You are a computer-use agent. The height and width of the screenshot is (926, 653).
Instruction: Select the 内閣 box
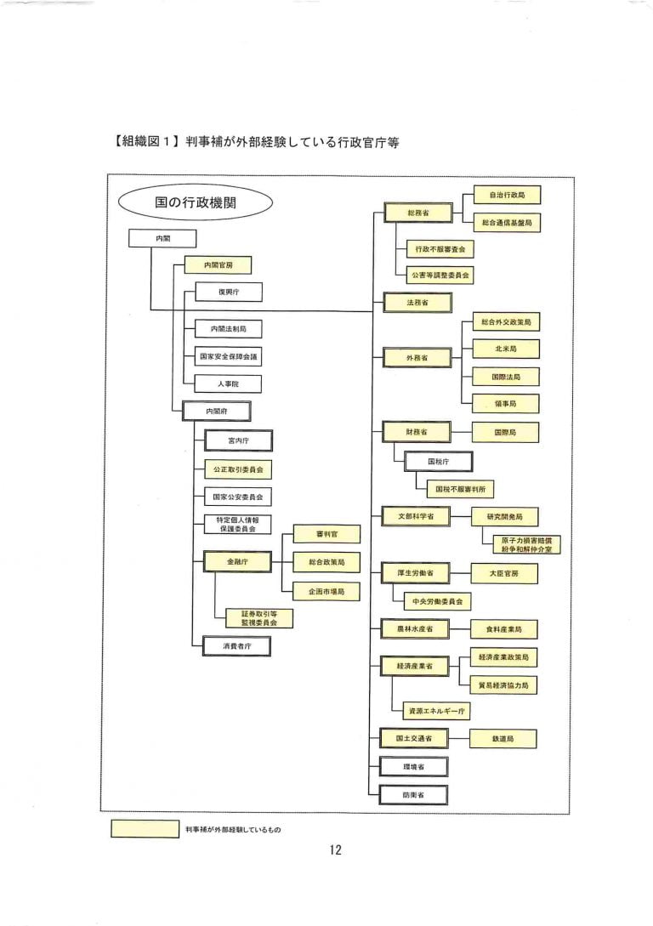162,239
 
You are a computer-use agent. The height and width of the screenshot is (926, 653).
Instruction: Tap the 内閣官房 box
219,265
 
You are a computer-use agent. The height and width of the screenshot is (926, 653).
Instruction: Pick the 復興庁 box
227,293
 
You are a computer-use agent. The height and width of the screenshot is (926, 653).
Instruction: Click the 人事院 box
227,383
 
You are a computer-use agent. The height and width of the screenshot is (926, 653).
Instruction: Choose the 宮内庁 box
237,440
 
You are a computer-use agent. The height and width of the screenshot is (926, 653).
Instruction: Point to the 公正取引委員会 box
237,469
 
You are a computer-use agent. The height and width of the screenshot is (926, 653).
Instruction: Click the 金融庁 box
237,562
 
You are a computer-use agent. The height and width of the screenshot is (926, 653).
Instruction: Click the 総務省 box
417,213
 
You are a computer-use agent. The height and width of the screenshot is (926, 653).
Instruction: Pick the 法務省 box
417,302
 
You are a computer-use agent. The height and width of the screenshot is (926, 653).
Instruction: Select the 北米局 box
505,349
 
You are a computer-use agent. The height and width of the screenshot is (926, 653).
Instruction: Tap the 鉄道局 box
504,739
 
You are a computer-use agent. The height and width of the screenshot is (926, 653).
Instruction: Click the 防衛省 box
414,794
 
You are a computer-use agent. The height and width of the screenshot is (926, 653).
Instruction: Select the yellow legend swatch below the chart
145,828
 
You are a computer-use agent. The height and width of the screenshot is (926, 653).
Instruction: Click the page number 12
335,851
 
